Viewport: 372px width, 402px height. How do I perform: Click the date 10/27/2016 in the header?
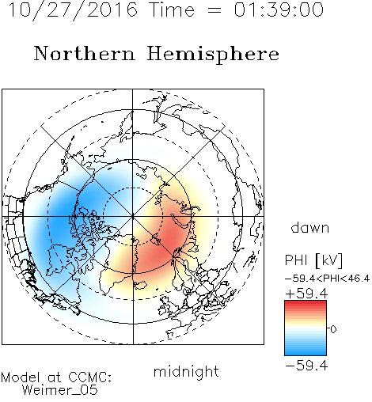click(x=73, y=10)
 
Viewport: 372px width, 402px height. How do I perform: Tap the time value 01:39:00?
click(x=279, y=9)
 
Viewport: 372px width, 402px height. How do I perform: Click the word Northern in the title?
click(x=85, y=53)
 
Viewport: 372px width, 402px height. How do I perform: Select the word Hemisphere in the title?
click(x=213, y=55)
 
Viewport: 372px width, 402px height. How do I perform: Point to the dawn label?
click(x=310, y=227)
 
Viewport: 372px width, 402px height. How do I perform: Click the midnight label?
click(x=186, y=372)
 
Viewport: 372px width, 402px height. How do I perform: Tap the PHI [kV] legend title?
click(x=313, y=260)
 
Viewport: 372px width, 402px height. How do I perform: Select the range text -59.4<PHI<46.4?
click(x=327, y=279)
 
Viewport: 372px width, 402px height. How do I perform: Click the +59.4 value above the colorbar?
click(x=306, y=294)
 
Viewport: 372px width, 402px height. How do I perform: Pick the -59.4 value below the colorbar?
click(x=306, y=366)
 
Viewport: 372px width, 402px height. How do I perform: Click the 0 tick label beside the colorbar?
click(x=333, y=329)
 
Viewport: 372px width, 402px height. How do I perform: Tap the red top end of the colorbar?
click(x=306, y=302)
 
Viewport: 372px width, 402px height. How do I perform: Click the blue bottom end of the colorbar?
click(x=306, y=354)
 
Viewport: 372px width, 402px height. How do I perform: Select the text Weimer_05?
click(x=59, y=390)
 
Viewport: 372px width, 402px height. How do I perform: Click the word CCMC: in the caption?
click(x=90, y=377)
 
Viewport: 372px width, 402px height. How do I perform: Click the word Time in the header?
click(x=172, y=9)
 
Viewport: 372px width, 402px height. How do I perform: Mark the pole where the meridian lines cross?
click(x=133, y=216)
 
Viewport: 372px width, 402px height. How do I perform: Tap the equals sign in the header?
click(x=214, y=10)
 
